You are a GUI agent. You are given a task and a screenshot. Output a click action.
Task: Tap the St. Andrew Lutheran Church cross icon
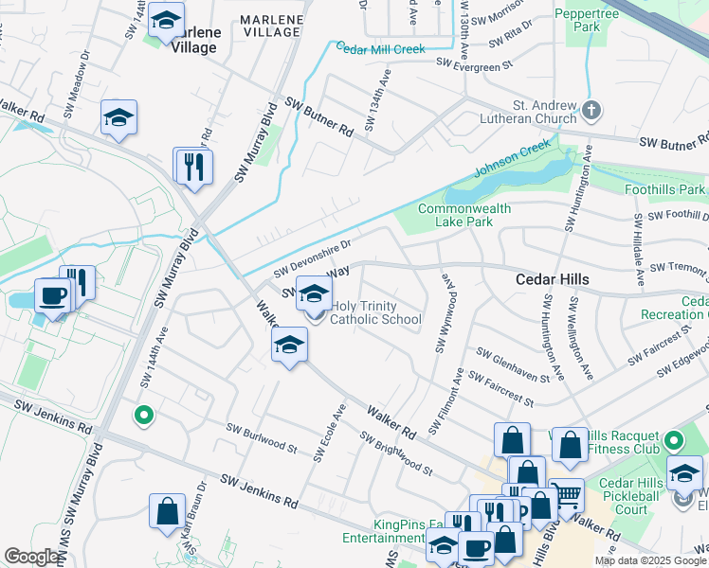(x=591, y=111)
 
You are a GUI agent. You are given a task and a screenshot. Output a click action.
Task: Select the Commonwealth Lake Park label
(x=464, y=215)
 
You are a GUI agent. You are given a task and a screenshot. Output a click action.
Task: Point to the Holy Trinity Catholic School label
(x=375, y=312)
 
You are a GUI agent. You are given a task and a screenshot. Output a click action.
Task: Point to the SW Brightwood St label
(x=395, y=453)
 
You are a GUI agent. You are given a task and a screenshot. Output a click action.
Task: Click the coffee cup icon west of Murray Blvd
(x=53, y=295)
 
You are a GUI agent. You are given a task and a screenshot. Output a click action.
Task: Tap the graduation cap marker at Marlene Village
(x=166, y=20)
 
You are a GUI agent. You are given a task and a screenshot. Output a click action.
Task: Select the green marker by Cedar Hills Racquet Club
(x=673, y=441)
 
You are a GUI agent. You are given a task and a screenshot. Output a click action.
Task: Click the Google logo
(x=32, y=557)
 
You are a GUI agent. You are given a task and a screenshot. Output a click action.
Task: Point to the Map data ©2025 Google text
(x=650, y=560)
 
